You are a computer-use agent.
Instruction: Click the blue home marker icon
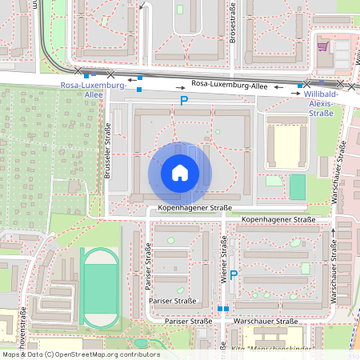[x=180, y=173]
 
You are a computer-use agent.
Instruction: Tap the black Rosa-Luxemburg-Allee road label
[x=229, y=83]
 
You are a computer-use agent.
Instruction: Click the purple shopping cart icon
[x=323, y=46]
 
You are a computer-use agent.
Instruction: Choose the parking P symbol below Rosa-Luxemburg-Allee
[x=183, y=101]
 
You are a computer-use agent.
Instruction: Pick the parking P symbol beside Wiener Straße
[x=234, y=275]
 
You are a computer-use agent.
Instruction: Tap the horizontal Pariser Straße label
[x=174, y=301]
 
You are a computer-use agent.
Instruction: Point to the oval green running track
[x=99, y=286]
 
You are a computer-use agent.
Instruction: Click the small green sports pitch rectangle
[x=297, y=187]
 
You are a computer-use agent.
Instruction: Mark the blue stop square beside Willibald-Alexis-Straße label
[x=300, y=85]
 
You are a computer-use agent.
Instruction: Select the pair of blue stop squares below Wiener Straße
[x=222, y=308]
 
